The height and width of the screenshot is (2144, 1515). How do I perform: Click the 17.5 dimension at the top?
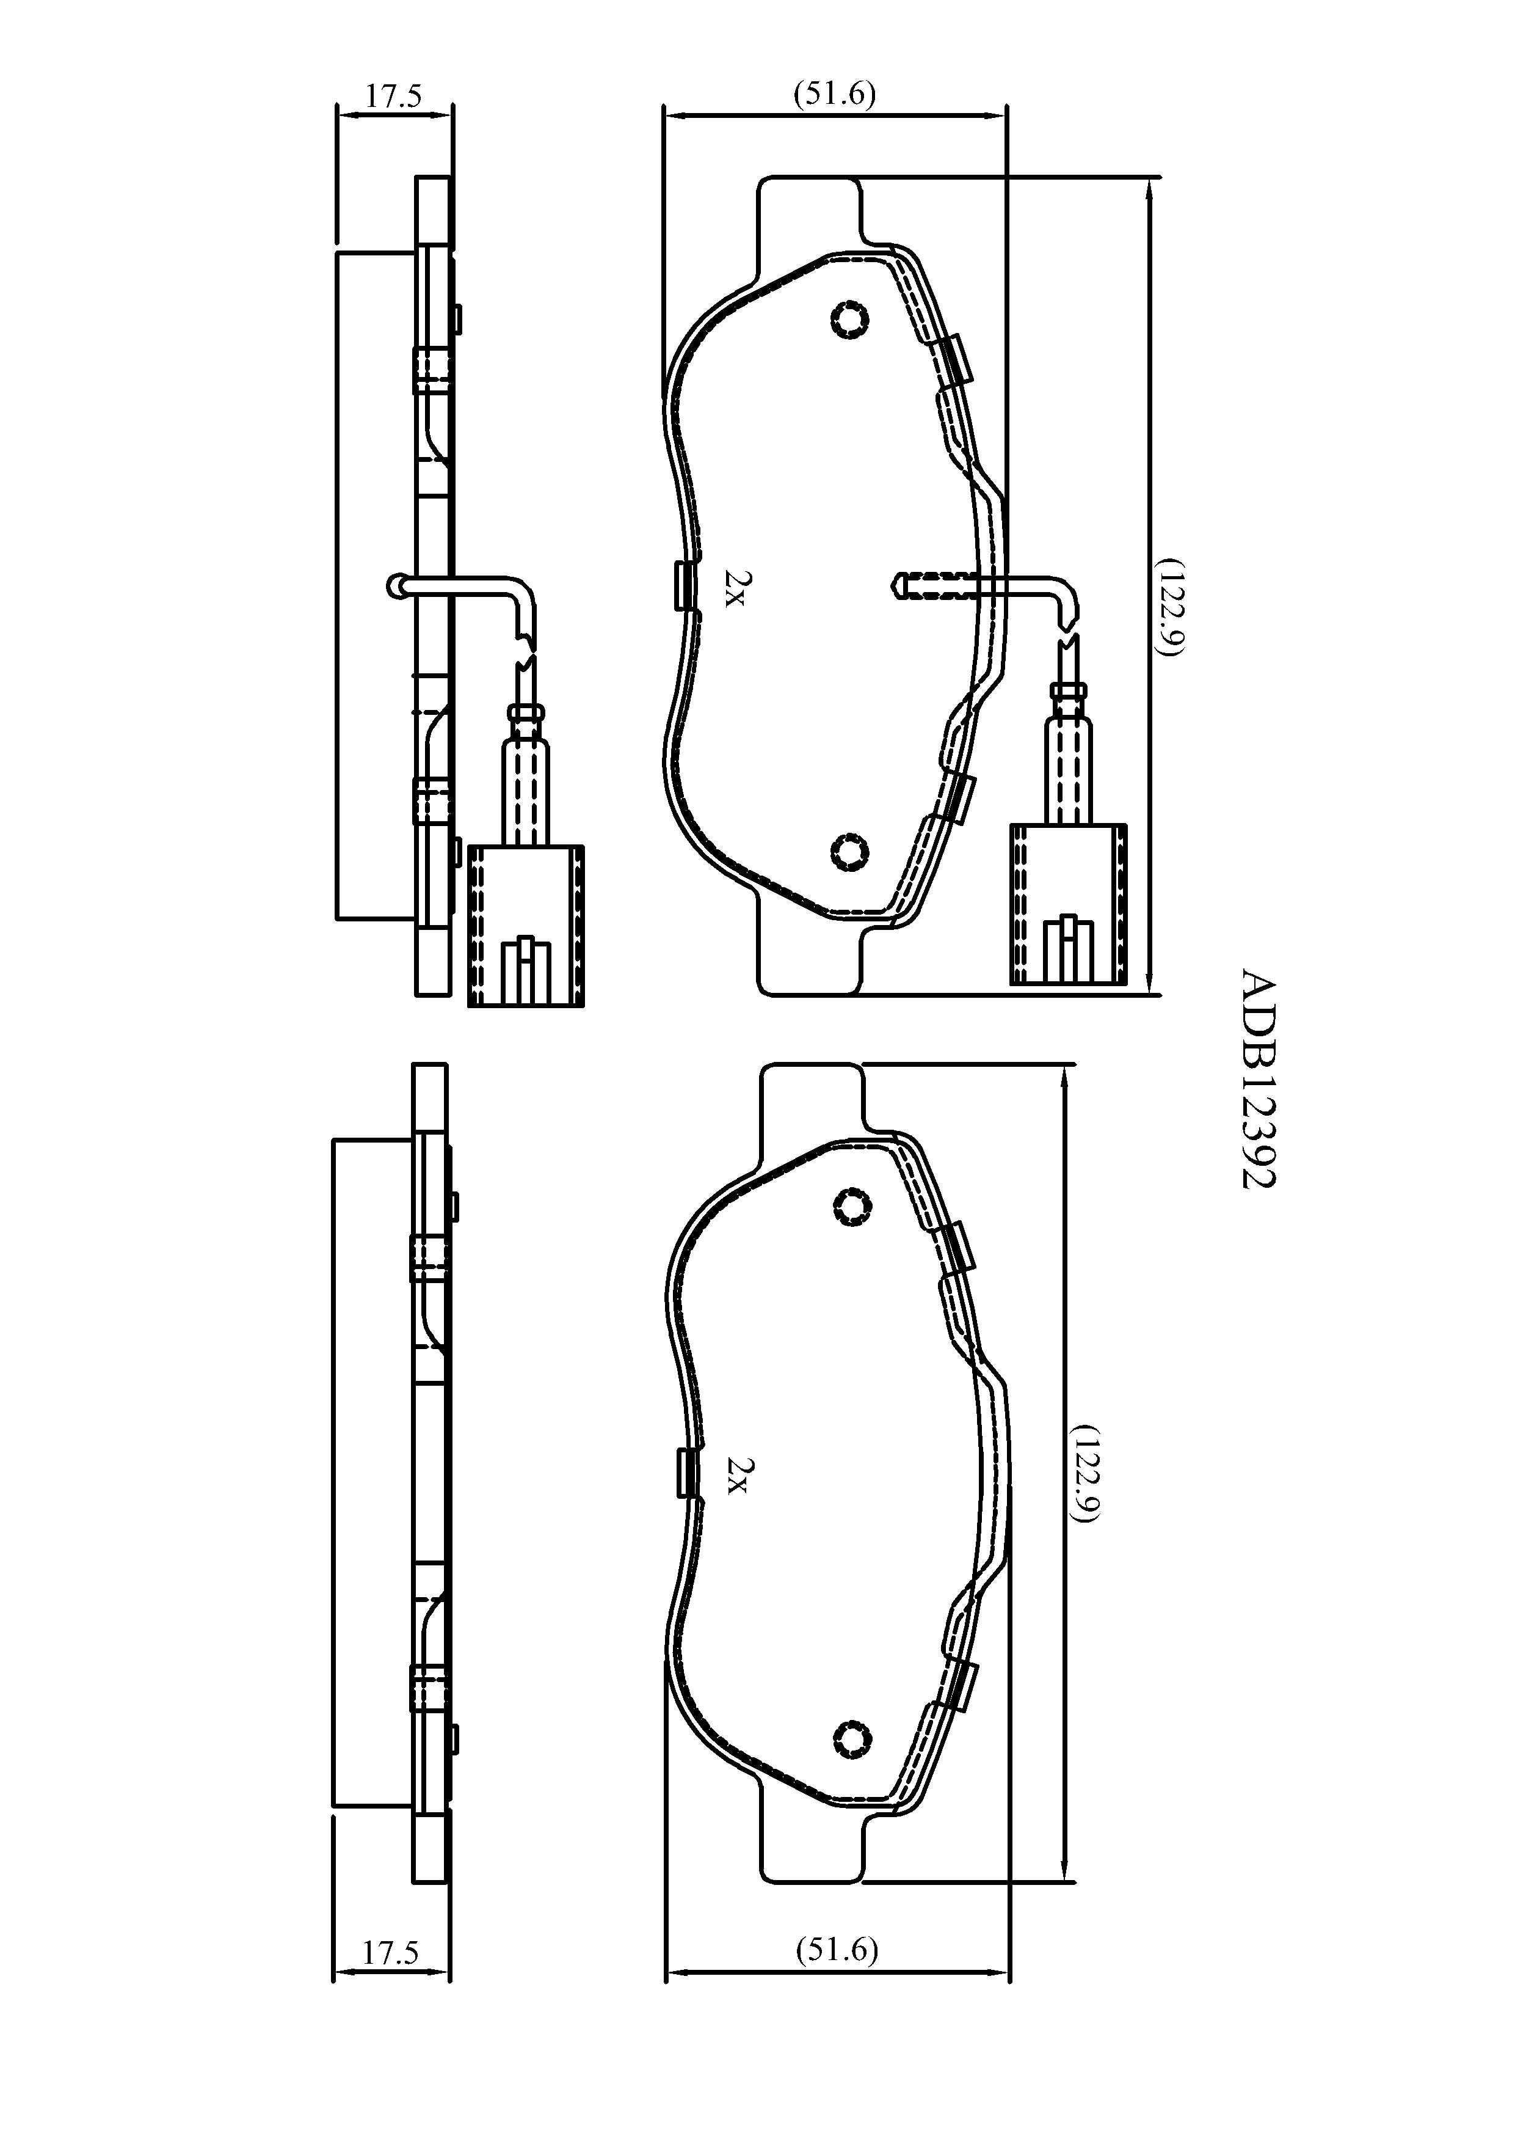(x=393, y=96)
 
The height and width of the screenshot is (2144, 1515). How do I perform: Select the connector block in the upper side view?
(x=526, y=926)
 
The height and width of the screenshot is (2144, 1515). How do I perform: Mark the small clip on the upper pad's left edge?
(x=685, y=587)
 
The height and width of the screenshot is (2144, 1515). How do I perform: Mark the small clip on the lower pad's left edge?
(x=685, y=1473)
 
